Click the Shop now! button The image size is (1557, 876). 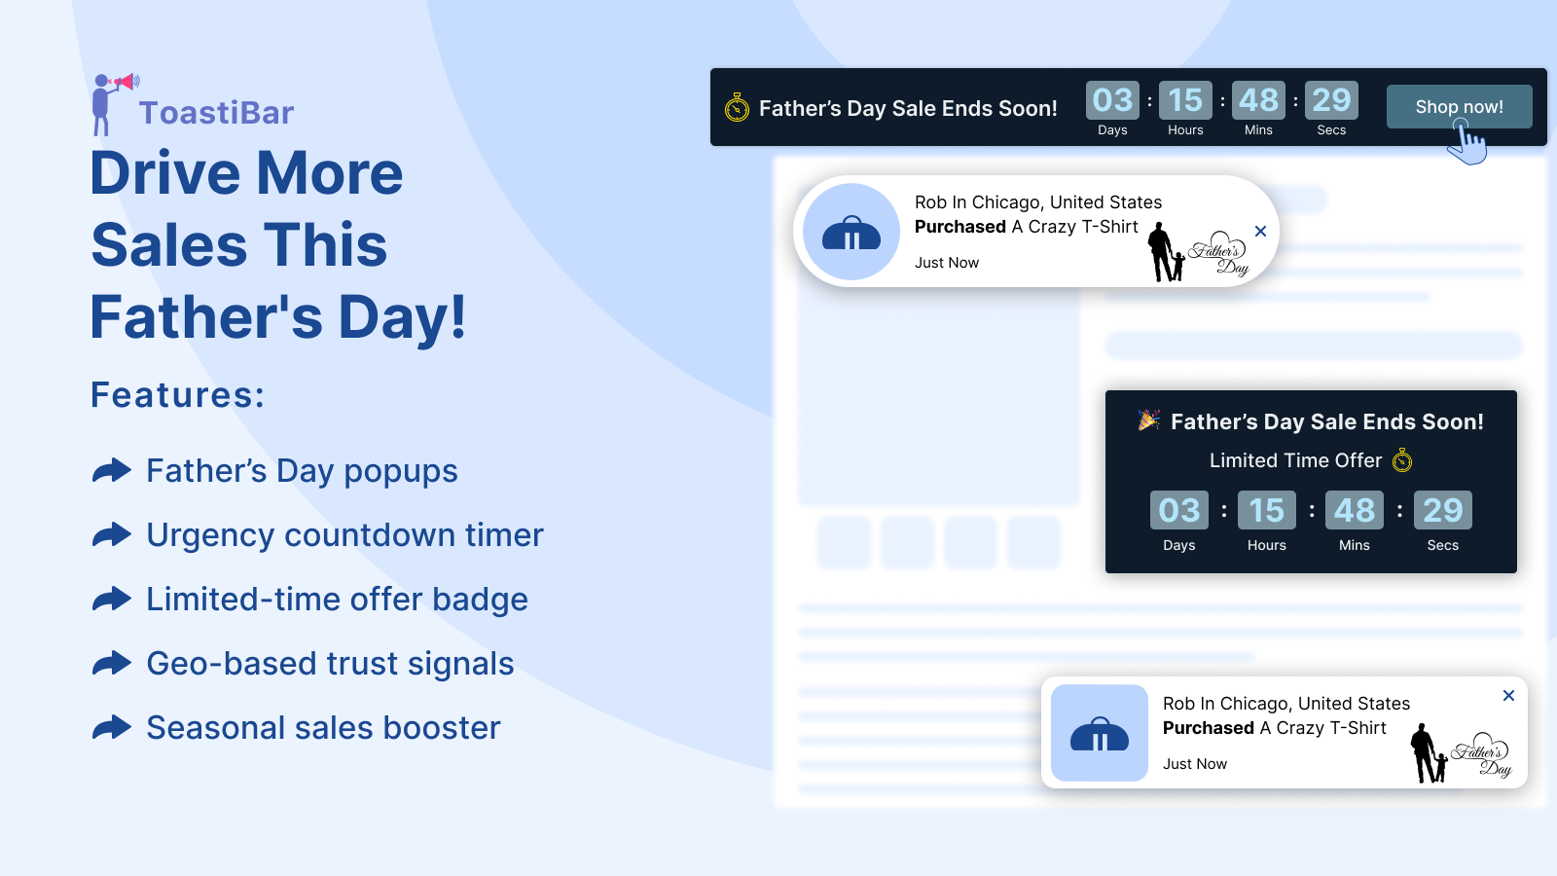[x=1459, y=106]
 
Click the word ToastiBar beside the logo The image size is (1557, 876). [x=216, y=113]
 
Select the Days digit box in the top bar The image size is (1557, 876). [x=1112, y=100]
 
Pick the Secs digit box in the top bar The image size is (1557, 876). [x=1331, y=100]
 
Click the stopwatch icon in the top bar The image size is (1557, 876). [x=737, y=108]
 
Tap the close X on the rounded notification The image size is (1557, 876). [x=1261, y=231]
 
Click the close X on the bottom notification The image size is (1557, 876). [x=1508, y=695]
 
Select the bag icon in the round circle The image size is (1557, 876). [x=851, y=233]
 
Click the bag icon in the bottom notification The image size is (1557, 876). [x=1100, y=734]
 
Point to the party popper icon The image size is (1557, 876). [x=1148, y=420]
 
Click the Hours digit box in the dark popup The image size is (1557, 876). [x=1266, y=510]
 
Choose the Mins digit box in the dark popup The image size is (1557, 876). [x=1354, y=510]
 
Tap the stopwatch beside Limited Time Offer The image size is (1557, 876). [x=1402, y=460]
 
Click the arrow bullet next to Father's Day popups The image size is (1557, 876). [x=112, y=471]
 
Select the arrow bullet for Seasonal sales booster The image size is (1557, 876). [x=112, y=727]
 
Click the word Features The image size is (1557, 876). [x=177, y=395]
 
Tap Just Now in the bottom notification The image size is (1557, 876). [x=1195, y=763]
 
